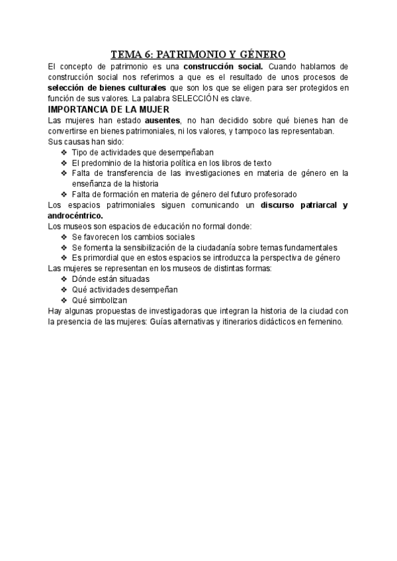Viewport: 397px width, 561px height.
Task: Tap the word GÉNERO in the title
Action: pyautogui.click(x=259, y=54)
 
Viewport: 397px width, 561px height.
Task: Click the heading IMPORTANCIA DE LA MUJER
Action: pyautogui.click(x=109, y=109)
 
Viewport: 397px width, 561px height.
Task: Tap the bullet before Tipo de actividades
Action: pyautogui.click(x=64, y=151)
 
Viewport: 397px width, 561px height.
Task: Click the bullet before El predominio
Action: pyautogui.click(x=64, y=162)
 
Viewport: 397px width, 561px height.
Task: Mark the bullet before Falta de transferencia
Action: pyautogui.click(x=64, y=173)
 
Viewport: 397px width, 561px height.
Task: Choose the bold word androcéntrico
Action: pyautogui.click(x=76, y=215)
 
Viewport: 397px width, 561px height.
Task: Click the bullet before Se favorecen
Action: pyautogui.click(x=64, y=236)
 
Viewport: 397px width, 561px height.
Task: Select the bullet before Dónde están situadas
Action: pyautogui.click(x=64, y=279)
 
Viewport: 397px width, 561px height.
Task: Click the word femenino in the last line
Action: pyautogui.click(x=320, y=321)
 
